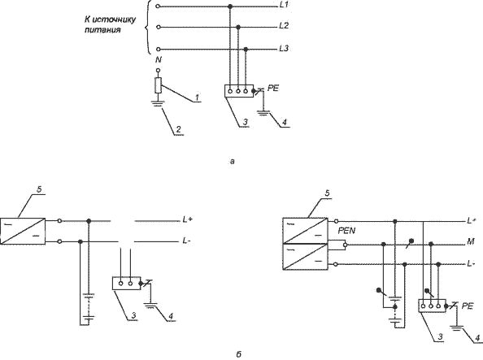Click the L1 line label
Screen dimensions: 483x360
coord(284,5)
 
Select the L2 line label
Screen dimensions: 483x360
coord(284,26)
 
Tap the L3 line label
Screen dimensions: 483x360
coord(284,49)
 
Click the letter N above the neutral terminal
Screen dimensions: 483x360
coord(159,59)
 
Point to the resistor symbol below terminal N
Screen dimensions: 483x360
coord(158,85)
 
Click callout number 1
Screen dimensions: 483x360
coord(197,98)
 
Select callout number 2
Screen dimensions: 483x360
coord(178,130)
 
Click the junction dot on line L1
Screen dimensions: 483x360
coord(229,7)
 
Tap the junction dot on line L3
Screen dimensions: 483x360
coord(246,50)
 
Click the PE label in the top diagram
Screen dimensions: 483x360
coord(273,89)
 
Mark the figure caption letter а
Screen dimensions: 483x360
coord(233,161)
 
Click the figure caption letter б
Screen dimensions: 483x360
coord(239,354)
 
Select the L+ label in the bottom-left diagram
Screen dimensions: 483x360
coord(188,219)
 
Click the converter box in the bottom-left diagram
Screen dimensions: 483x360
coord(23,232)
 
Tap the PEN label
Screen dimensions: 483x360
coord(346,231)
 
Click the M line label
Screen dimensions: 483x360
coord(470,241)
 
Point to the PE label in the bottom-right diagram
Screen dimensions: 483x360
coord(467,306)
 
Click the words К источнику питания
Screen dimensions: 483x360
coord(111,24)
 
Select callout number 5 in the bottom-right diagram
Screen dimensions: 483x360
coord(327,193)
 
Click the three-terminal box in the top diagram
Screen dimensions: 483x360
coord(239,91)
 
